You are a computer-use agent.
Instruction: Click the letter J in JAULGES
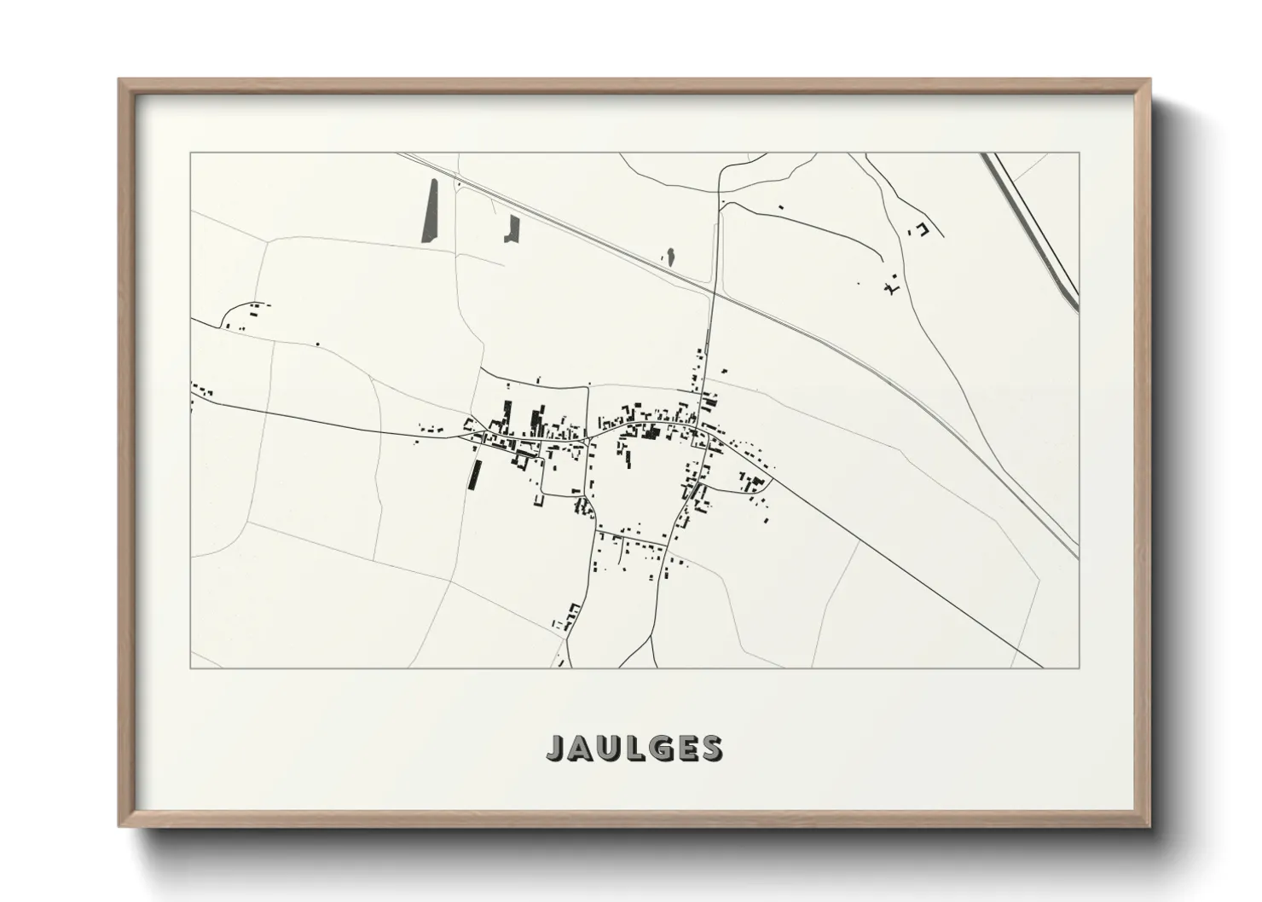555,748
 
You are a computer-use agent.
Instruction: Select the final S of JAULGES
709,748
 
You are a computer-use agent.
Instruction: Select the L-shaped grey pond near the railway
512,228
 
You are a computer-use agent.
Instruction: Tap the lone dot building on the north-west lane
318,344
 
